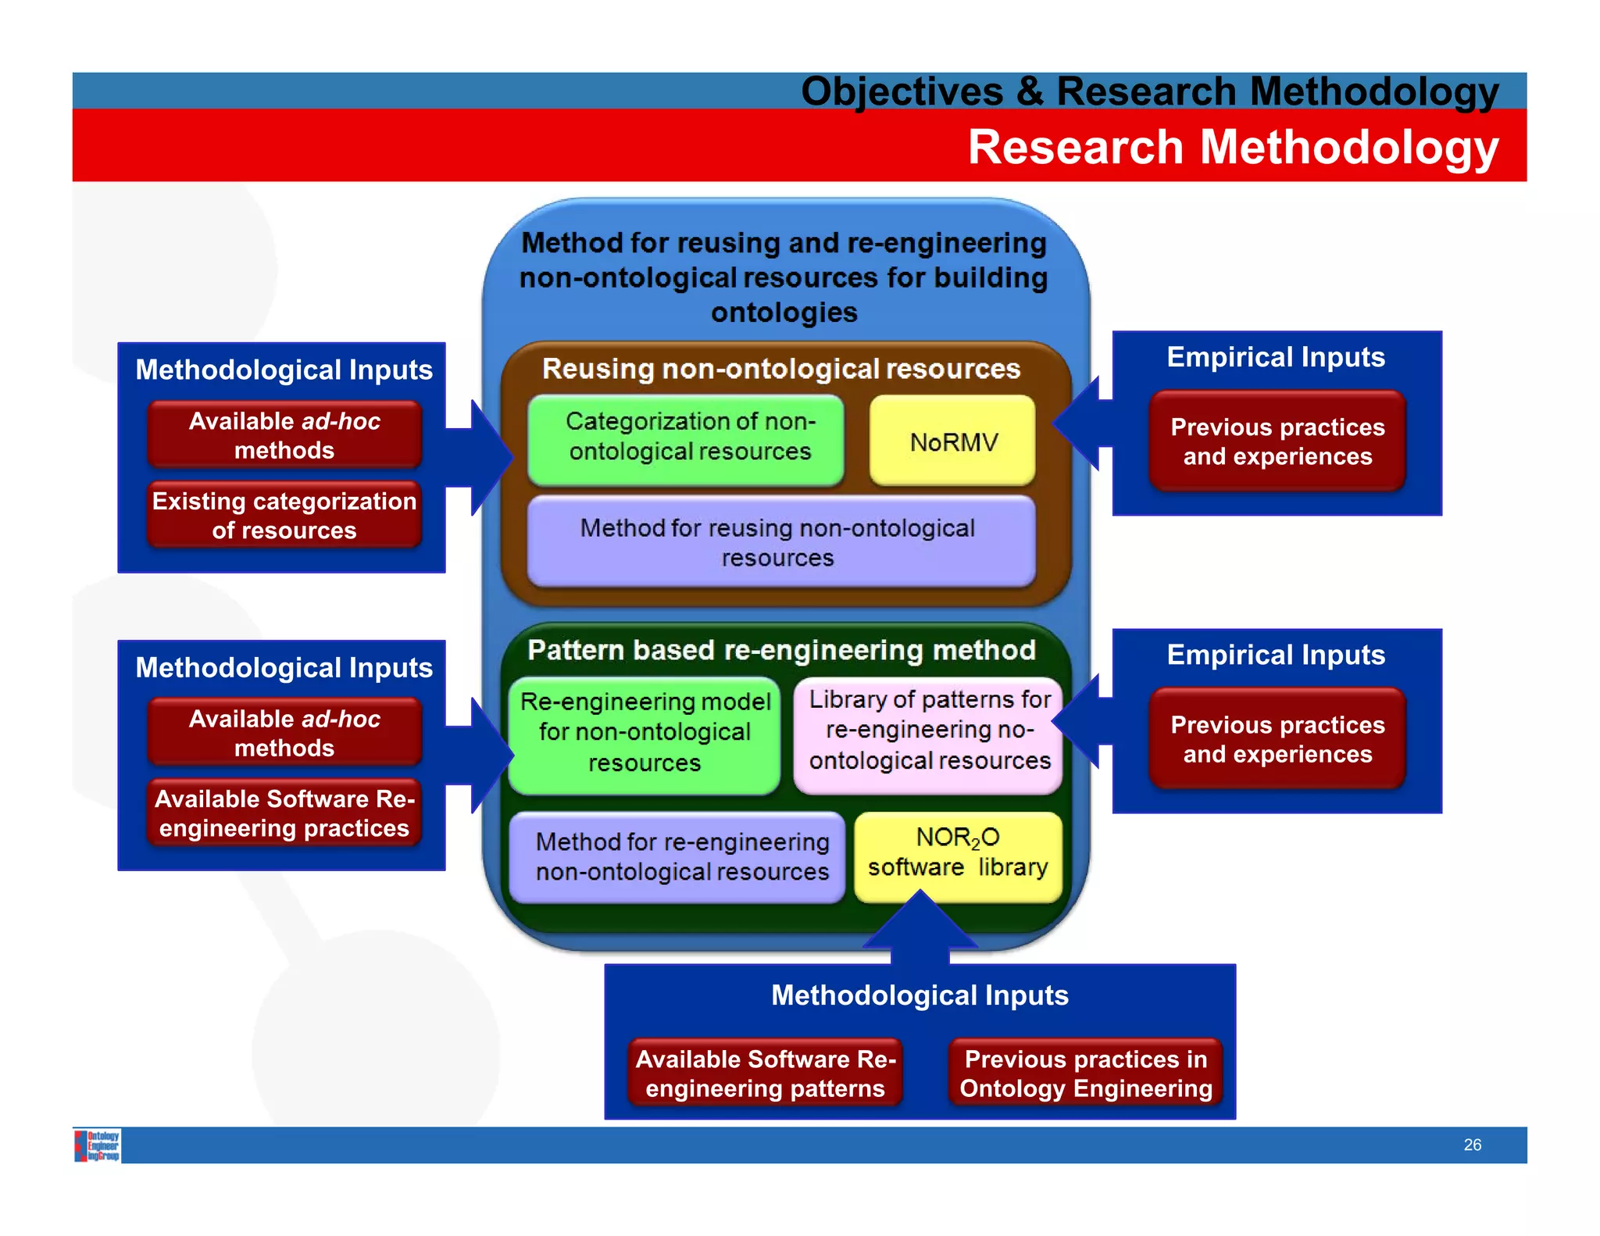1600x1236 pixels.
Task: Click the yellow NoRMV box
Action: tap(952, 441)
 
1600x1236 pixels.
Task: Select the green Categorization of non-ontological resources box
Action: tap(686, 438)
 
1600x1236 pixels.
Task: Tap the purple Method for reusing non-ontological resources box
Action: tap(780, 541)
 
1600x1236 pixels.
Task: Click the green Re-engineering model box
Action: tap(645, 734)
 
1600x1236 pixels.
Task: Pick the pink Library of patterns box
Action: tap(928, 732)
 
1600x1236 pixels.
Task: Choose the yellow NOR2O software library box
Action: tap(958, 854)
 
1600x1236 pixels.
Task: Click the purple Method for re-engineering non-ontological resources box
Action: tap(677, 857)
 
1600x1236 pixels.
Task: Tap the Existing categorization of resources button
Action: tap(284, 516)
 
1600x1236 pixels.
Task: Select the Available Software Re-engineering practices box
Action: tap(284, 813)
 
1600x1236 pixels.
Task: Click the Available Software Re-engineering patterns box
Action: tap(765, 1073)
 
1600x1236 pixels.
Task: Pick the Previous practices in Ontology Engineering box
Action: tap(1085, 1073)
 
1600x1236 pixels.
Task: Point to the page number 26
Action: tap(1472, 1145)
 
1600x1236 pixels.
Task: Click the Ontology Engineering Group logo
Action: tap(98, 1145)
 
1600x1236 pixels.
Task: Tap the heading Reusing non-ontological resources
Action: tap(781, 369)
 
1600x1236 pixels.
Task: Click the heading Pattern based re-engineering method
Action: tap(781, 650)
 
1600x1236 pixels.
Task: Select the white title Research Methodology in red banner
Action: tap(1233, 147)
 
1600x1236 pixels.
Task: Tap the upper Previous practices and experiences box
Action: tap(1277, 441)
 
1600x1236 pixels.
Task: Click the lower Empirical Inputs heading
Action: tap(1275, 655)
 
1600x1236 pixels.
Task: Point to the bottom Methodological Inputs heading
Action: tap(920, 995)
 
